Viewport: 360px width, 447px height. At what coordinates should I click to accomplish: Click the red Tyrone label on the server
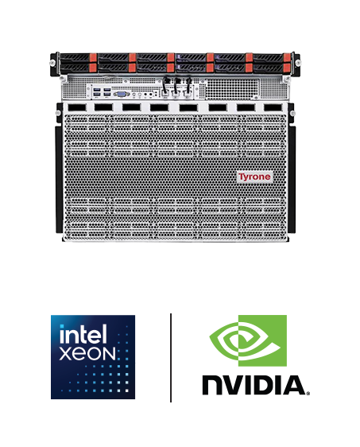tap(254, 177)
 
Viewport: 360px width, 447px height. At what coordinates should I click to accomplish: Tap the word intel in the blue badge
tap(83, 334)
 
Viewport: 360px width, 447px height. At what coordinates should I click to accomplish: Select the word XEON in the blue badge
tap(87, 353)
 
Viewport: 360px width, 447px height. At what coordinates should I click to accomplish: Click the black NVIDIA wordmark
tap(254, 385)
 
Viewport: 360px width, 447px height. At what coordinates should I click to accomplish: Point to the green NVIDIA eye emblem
tap(248, 340)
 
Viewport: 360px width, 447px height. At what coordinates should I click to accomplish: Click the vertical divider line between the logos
tap(171, 358)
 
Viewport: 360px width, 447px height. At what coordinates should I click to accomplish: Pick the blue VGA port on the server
tap(122, 94)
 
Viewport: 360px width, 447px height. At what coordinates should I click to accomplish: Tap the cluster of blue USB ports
tap(102, 92)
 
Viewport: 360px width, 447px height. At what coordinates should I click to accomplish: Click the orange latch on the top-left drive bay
tap(93, 57)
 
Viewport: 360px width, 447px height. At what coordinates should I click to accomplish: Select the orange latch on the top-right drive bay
tap(287, 57)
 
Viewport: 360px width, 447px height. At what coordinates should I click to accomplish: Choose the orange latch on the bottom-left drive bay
tap(93, 68)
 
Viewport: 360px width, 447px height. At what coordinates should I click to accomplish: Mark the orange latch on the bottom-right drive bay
tap(287, 68)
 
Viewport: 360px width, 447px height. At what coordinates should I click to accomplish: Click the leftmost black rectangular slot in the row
tap(77, 107)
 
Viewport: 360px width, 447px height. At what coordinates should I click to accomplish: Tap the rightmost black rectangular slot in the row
tap(273, 107)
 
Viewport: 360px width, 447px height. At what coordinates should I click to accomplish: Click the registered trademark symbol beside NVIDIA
tap(308, 393)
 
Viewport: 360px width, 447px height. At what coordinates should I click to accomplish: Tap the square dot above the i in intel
tap(61, 326)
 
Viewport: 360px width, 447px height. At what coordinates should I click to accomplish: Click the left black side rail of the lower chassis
tap(59, 180)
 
